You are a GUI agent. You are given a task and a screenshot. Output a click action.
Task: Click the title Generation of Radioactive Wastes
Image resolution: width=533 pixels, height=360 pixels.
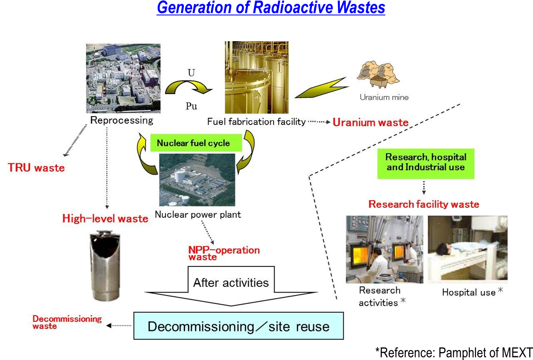271,8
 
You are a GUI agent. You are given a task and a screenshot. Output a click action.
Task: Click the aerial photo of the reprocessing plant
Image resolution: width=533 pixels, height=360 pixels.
123,78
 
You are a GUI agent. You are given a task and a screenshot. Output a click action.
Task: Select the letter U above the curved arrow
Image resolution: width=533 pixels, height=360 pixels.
191,73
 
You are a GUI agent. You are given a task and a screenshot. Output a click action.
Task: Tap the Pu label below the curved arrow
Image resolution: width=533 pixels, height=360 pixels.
191,107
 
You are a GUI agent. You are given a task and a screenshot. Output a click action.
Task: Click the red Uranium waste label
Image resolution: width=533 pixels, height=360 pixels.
370,122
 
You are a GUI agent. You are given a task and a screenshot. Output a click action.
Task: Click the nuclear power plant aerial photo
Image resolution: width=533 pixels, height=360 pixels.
197,179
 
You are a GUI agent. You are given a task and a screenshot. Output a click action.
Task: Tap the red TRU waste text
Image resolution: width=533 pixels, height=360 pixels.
36,168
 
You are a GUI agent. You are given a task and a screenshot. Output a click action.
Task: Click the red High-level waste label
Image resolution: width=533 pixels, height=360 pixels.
105,218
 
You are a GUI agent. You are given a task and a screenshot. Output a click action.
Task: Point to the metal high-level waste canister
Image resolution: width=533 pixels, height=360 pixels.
105,265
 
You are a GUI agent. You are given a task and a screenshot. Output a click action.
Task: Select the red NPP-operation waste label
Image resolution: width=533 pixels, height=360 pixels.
223,253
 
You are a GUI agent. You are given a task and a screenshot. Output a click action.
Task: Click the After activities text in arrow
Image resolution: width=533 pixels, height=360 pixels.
231,283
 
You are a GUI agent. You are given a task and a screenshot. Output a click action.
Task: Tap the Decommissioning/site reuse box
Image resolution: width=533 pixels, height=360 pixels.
238,326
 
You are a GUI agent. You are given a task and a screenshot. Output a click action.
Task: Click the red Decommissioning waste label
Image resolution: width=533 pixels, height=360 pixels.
67,322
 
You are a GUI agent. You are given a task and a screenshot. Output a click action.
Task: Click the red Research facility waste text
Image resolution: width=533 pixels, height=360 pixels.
424,204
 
